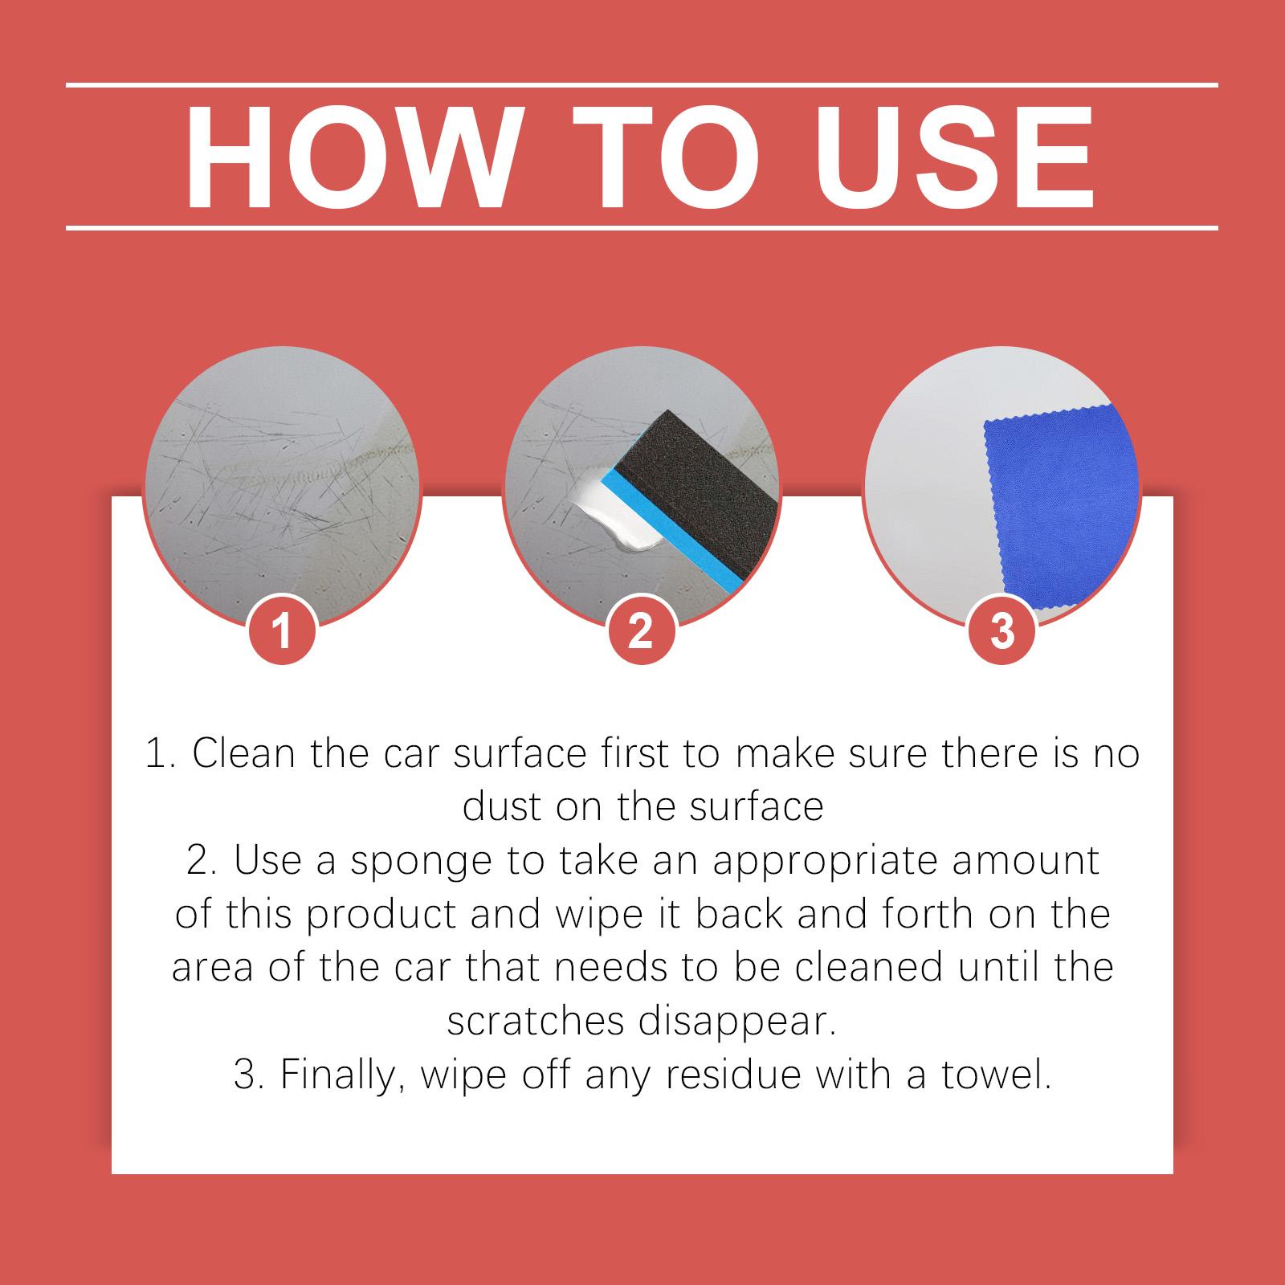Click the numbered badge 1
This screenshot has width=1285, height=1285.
pyautogui.click(x=282, y=631)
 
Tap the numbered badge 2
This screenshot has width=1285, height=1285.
pyautogui.click(x=640, y=631)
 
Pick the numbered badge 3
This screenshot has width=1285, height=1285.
pyautogui.click(x=1001, y=631)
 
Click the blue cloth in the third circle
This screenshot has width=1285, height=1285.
pyautogui.click(x=1060, y=514)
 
